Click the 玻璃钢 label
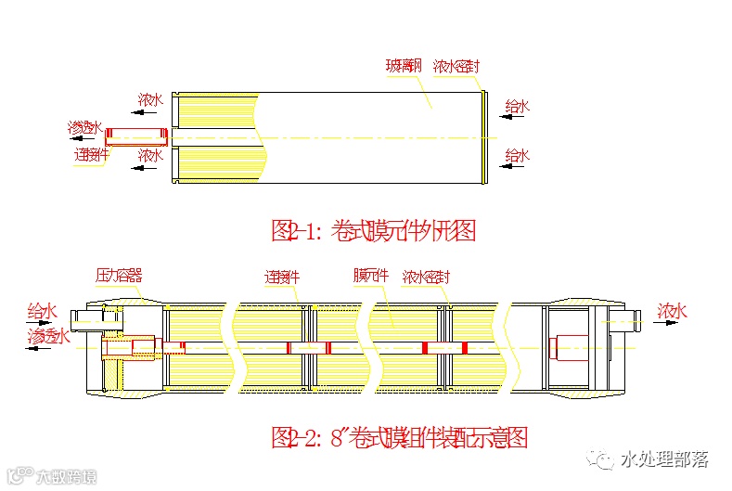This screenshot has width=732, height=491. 405,67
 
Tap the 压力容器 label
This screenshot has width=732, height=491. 119,276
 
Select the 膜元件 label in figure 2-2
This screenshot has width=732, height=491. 372,276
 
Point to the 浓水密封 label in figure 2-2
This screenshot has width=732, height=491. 427,277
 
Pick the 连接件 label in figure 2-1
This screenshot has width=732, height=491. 91,155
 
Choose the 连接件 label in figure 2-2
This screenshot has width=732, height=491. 282,277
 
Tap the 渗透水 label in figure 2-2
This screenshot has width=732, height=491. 49,336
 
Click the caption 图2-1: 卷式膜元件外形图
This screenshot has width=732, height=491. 373,230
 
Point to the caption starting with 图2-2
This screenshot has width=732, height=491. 399,435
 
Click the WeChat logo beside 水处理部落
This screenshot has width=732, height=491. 605,459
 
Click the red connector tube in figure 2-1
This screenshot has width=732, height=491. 136,136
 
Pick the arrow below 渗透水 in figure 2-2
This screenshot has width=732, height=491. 46,351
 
